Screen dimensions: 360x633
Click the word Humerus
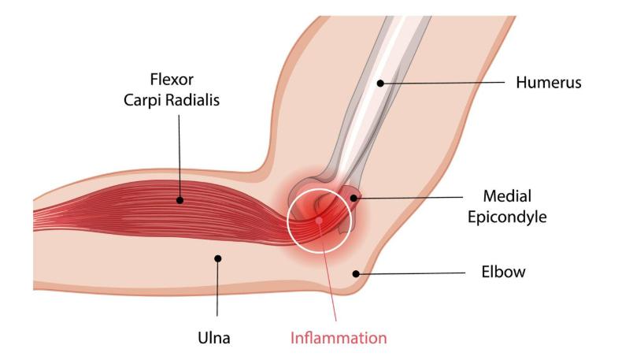[x=548, y=82]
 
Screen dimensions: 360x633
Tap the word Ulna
[x=214, y=339]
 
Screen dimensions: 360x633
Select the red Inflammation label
[x=339, y=339]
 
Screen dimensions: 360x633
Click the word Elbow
[x=503, y=273]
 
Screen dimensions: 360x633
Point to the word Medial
[x=509, y=195]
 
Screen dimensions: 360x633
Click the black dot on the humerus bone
[x=379, y=82]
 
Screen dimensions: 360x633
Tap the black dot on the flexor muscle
[x=180, y=200]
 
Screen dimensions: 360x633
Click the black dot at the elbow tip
[x=357, y=273]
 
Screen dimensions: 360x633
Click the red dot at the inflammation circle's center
[x=319, y=220]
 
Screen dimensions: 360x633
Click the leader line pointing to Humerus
[x=441, y=82]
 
